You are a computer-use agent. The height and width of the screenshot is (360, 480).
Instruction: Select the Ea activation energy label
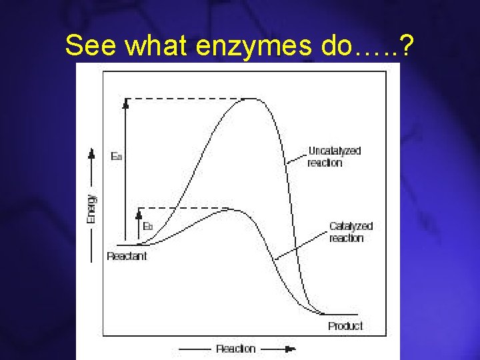(116, 157)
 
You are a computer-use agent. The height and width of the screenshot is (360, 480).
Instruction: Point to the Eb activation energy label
(148, 227)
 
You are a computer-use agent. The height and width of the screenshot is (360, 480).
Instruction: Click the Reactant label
(127, 256)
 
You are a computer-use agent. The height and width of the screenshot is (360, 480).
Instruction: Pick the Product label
(345, 326)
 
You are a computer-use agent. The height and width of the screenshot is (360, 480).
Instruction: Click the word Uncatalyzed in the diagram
(334, 151)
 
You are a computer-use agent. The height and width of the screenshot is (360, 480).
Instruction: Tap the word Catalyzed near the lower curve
(351, 226)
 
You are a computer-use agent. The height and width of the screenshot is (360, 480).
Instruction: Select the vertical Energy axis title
(92, 208)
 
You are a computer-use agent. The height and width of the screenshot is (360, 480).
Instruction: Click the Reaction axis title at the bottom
(235, 349)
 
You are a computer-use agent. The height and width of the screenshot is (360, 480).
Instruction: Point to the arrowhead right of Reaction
(290, 349)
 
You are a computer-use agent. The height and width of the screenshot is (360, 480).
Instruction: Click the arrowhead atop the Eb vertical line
(139, 213)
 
